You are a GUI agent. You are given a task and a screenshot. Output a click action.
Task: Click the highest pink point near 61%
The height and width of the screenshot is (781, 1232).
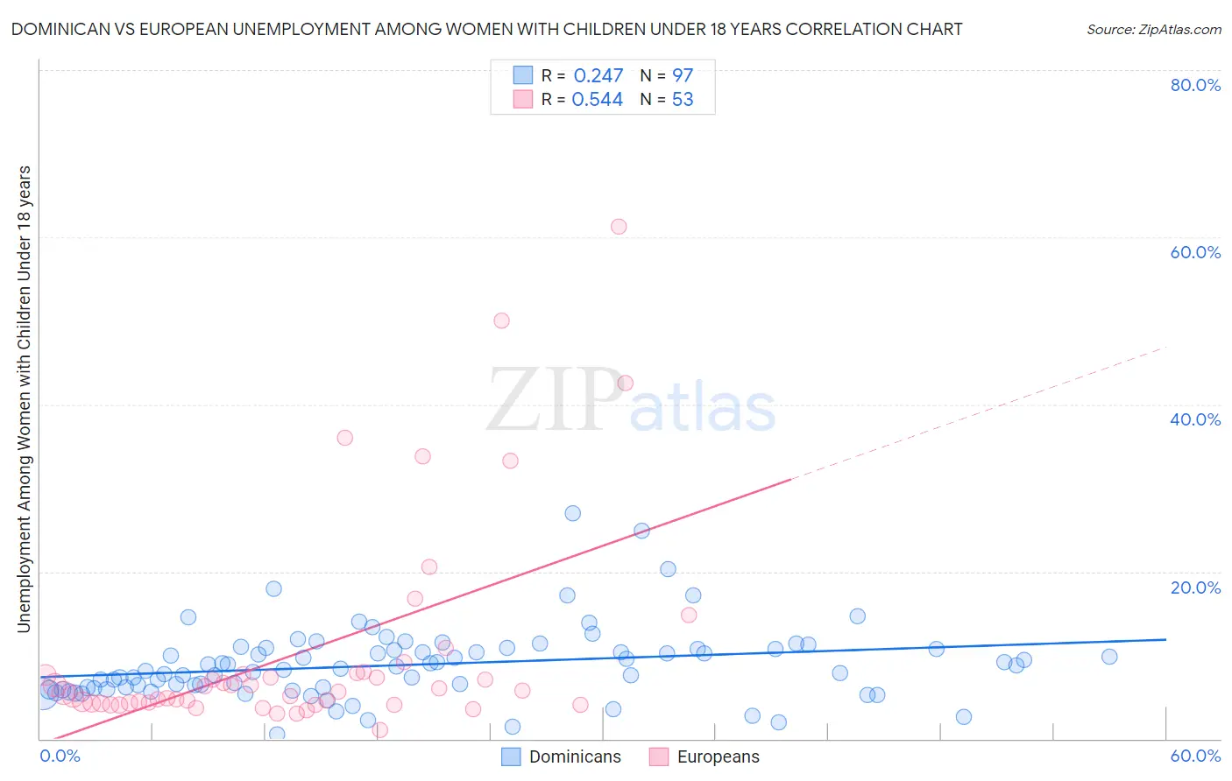619,226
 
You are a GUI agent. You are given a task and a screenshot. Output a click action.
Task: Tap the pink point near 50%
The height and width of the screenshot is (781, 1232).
501,320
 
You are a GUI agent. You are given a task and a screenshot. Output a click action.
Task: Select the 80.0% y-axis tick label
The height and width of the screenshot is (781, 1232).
1195,85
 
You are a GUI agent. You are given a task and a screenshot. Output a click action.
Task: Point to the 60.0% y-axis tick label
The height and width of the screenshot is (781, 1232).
1195,252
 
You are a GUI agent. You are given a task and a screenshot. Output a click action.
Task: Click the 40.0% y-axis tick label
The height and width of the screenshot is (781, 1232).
1195,419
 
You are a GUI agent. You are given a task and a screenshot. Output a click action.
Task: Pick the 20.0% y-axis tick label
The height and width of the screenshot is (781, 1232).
1195,588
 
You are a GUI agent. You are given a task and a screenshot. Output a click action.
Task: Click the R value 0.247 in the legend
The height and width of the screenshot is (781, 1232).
598,76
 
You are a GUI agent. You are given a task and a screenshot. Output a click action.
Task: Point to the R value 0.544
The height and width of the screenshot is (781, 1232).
598,100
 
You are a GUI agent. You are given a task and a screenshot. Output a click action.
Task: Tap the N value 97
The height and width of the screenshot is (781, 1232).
683,76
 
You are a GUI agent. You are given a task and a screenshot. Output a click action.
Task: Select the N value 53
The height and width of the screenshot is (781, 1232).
683,100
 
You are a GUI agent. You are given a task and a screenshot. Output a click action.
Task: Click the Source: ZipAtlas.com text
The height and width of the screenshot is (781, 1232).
1154,30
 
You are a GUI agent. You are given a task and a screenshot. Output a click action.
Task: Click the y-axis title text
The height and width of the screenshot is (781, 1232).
25,398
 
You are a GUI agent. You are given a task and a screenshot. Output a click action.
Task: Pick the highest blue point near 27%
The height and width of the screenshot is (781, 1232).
573,513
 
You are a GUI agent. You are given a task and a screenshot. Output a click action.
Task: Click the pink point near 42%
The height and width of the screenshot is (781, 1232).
625,383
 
